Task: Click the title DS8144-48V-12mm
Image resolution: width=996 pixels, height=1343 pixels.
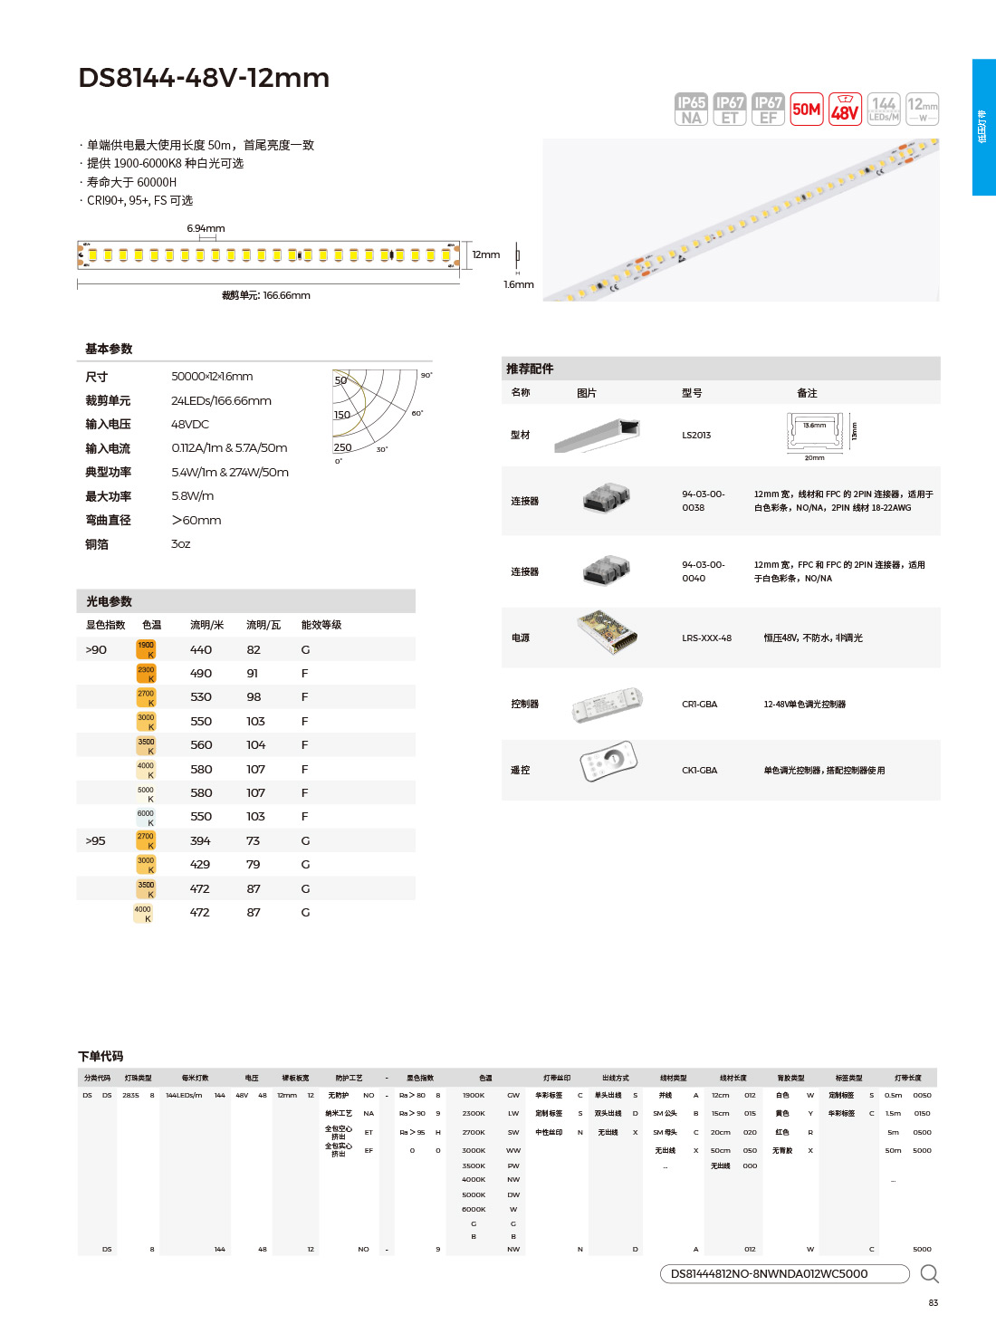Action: tap(204, 78)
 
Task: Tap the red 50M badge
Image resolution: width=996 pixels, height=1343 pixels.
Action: tap(806, 110)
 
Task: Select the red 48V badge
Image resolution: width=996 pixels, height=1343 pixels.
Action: tap(845, 110)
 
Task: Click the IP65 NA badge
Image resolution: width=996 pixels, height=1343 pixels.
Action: tap(691, 110)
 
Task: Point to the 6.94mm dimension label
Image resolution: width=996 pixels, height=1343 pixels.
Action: tap(206, 228)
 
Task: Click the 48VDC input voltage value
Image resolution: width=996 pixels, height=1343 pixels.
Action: tap(190, 424)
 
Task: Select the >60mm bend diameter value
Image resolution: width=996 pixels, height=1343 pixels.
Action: tap(196, 520)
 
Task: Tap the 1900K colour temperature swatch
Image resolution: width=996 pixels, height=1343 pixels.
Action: tap(146, 649)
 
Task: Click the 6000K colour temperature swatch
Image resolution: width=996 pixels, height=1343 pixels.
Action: tap(146, 817)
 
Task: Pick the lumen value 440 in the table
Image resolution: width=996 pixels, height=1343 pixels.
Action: tap(201, 649)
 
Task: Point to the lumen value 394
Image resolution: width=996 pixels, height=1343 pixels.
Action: tap(200, 840)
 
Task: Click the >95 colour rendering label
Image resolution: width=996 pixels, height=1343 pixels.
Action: tap(95, 840)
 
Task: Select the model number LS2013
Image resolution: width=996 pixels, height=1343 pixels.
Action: tap(696, 436)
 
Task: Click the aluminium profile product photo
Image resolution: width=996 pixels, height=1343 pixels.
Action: tap(598, 436)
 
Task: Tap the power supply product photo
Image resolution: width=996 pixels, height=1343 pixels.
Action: tap(608, 632)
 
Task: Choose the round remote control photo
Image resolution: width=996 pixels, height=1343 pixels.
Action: tap(608, 761)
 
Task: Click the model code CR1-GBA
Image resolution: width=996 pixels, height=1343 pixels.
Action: tap(699, 704)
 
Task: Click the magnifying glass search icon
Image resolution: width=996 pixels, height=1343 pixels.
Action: tap(929, 1274)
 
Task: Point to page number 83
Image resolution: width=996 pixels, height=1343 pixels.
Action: tap(933, 1302)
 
